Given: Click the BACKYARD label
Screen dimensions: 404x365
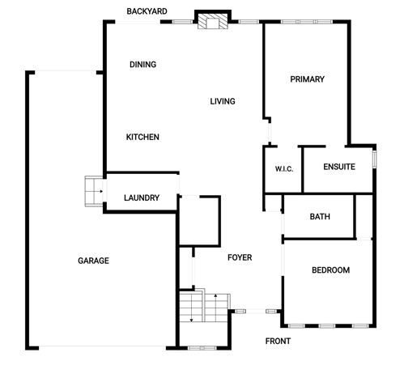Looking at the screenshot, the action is point(147,11).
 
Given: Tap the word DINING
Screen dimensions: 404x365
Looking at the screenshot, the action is point(142,65).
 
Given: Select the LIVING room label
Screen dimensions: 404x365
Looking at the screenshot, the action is point(223,101).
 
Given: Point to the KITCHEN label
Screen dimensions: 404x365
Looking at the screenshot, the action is point(142,137).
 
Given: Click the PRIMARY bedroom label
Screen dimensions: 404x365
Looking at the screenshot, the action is point(307,79).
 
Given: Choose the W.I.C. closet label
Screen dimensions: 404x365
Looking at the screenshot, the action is point(284,169).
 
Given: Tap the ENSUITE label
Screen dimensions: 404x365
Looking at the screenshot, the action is point(339,167).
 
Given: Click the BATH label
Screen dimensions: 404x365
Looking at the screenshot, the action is point(320,217).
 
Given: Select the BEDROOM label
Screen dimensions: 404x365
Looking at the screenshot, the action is point(331,270).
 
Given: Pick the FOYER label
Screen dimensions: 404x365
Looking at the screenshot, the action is point(240,257).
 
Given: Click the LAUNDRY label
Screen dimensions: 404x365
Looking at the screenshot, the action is point(142,198).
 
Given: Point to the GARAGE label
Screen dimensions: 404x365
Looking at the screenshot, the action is point(93,261).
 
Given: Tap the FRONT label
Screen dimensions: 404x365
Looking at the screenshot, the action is point(278,342).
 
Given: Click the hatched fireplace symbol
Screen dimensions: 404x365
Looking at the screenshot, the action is point(213,21).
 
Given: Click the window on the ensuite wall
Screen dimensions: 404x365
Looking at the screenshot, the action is point(374,159).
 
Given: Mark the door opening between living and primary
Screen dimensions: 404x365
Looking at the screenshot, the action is point(270,134).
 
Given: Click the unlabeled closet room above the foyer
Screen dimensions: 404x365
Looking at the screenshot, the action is point(200,221).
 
